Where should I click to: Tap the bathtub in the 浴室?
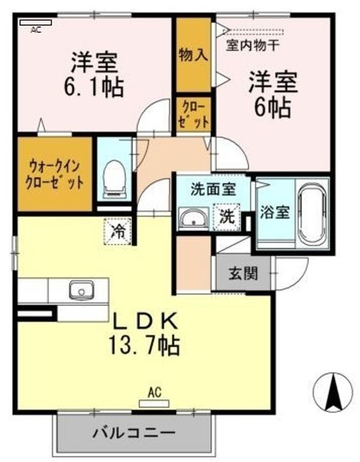pyautogui.click(x=313, y=214)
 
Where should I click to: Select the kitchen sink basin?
pyautogui.click(x=81, y=289)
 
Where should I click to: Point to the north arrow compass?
pyautogui.click(x=333, y=392)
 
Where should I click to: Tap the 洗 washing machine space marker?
pyautogui.click(x=227, y=217)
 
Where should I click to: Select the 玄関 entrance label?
pyautogui.click(x=243, y=274)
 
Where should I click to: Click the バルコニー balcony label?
pyautogui.click(x=134, y=433)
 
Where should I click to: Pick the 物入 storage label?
pyautogui.click(x=194, y=55)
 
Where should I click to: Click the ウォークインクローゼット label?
pyautogui.click(x=55, y=175)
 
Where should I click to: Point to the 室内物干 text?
pyautogui.click(x=252, y=46)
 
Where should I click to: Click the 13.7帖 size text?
pyautogui.click(x=144, y=345)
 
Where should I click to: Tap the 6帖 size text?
pyautogui.click(x=273, y=108)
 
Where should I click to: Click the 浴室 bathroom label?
pyautogui.click(x=275, y=212)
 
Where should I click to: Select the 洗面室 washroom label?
pyautogui.click(x=213, y=189)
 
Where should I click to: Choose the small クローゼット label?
pyautogui.click(x=194, y=114)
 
